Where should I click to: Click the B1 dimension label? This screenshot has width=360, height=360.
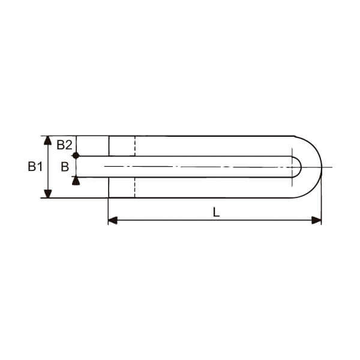(x=35, y=166)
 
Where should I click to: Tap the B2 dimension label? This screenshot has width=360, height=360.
(x=64, y=145)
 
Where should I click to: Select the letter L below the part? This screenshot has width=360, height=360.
(x=216, y=212)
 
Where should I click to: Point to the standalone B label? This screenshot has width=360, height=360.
(x=65, y=167)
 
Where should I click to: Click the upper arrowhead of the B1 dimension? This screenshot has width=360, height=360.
(x=47, y=140)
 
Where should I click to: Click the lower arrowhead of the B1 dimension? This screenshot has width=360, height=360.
(x=47, y=194)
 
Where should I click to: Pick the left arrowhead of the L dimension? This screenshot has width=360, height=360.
(x=113, y=220)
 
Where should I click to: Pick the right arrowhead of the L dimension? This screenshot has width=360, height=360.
(x=317, y=220)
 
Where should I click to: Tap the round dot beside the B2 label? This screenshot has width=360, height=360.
(x=76, y=155)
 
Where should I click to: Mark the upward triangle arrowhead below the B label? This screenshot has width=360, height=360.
(x=76, y=181)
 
